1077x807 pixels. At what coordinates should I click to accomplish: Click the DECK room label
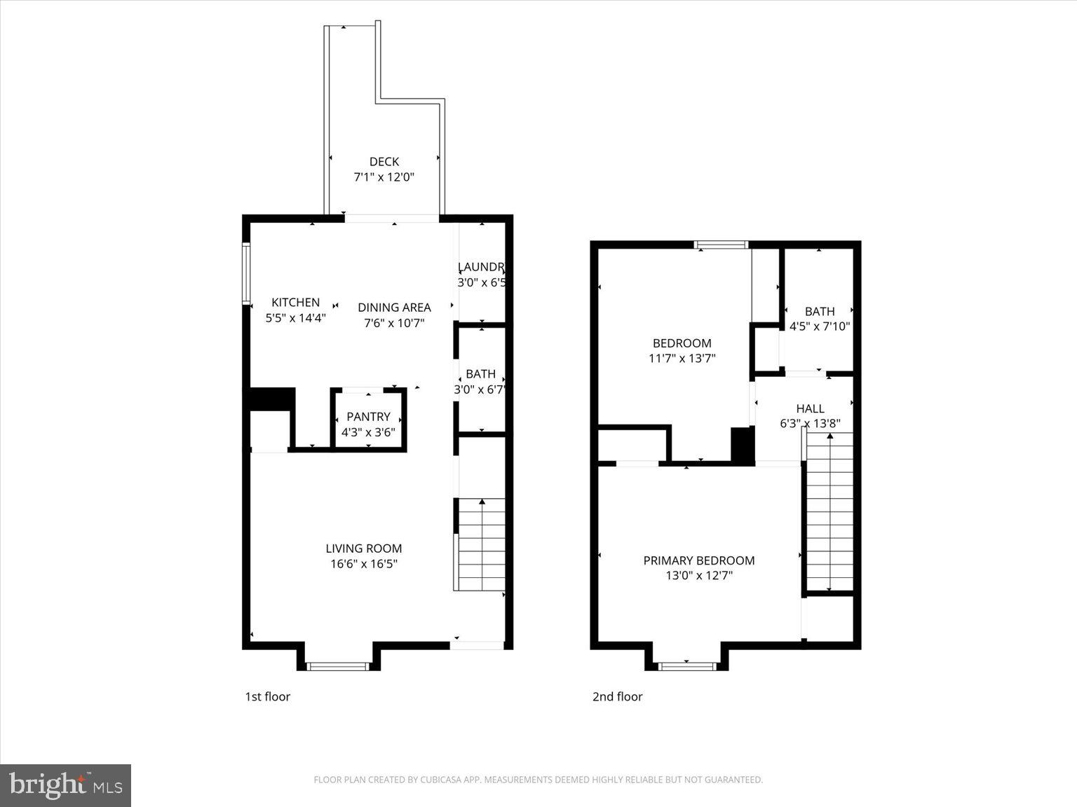coord(384,162)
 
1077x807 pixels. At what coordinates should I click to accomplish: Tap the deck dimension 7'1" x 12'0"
coord(384,177)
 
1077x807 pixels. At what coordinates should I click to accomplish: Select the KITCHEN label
coord(295,303)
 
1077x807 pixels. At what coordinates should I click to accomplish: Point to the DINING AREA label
coord(394,308)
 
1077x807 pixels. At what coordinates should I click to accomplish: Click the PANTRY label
coord(368,417)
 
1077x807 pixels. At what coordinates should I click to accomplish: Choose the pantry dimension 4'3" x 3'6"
coord(368,432)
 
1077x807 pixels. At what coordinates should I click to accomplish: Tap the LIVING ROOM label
coord(363,549)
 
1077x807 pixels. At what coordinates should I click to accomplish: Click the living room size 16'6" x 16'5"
coord(363,564)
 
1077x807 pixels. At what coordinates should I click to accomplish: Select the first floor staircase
coord(481,544)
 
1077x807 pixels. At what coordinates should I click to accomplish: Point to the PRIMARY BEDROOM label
coord(698,560)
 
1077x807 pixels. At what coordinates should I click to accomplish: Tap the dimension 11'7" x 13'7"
coord(682,359)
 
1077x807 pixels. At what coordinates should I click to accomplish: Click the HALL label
coord(810,408)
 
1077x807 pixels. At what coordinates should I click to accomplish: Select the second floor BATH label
coord(819,311)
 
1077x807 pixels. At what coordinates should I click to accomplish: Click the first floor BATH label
coord(480,374)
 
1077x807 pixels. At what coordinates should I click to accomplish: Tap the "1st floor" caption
coord(267,696)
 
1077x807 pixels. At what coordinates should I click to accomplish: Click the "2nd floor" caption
coord(617,696)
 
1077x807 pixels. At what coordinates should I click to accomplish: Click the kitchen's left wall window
coord(246,273)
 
